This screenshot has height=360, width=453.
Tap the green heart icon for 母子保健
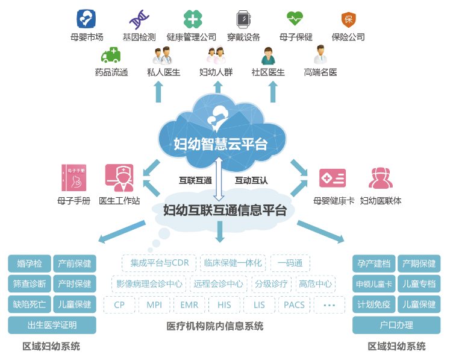click(x=295, y=19)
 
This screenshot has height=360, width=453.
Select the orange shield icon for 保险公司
click(x=348, y=19)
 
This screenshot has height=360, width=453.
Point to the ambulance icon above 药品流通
click(x=111, y=56)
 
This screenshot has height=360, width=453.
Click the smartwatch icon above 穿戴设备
click(x=244, y=19)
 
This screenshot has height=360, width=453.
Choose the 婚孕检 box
click(x=29, y=264)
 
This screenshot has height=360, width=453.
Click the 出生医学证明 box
click(x=52, y=326)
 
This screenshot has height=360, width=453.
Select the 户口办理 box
click(x=396, y=326)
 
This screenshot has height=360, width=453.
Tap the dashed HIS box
click(x=224, y=305)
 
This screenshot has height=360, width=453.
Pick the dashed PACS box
click(x=295, y=305)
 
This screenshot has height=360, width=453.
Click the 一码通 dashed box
click(x=290, y=263)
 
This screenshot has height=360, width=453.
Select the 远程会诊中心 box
click(x=217, y=284)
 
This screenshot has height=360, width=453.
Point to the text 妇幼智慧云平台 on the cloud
click(x=220, y=144)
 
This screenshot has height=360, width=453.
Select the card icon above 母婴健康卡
click(x=333, y=178)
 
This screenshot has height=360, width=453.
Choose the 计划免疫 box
click(x=373, y=305)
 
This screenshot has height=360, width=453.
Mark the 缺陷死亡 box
click(x=29, y=305)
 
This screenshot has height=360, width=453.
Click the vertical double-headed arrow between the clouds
click(x=219, y=179)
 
